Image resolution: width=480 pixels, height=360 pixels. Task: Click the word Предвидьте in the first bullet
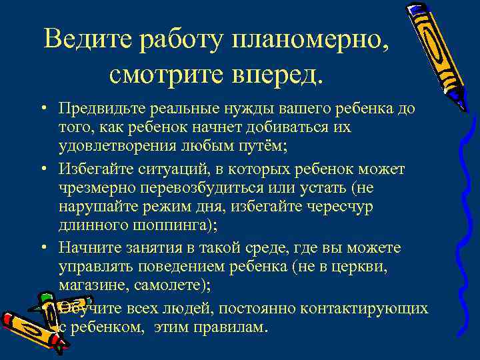[x=98, y=108]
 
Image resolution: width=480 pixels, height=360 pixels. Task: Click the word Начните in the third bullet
[x=86, y=248]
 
